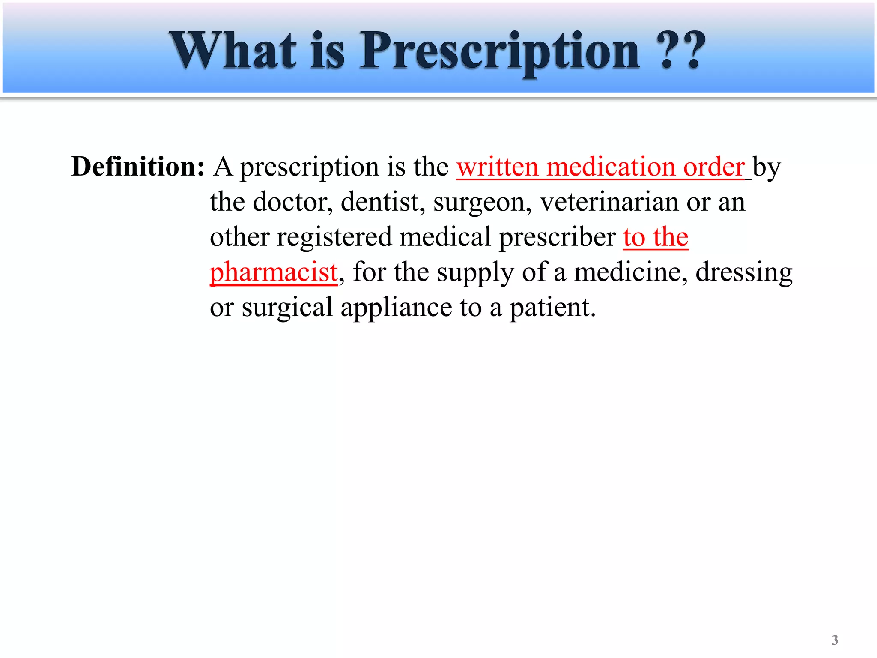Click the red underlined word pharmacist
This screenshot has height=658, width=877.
274,272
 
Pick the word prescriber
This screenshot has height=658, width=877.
557,237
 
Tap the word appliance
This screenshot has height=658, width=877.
396,308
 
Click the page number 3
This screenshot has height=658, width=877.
835,640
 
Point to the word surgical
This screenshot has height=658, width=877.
287,308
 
